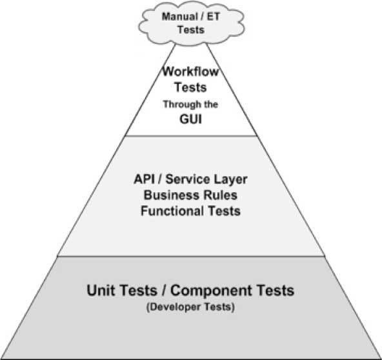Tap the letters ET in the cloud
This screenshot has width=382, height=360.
click(x=214, y=17)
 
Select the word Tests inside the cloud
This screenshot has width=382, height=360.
click(x=191, y=30)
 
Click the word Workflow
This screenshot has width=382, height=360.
click(x=191, y=72)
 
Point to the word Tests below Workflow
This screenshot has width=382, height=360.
click(x=190, y=87)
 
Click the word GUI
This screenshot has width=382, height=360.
click(x=191, y=119)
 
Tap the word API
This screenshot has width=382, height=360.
click(x=145, y=179)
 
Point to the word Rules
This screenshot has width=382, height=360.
click(x=221, y=195)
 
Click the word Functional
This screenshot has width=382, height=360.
click(x=172, y=211)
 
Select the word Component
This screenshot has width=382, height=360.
click(x=211, y=291)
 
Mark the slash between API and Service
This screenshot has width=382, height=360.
click(x=160, y=179)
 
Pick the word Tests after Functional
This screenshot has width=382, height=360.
click(x=225, y=211)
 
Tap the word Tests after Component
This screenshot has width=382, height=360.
click(x=276, y=290)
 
